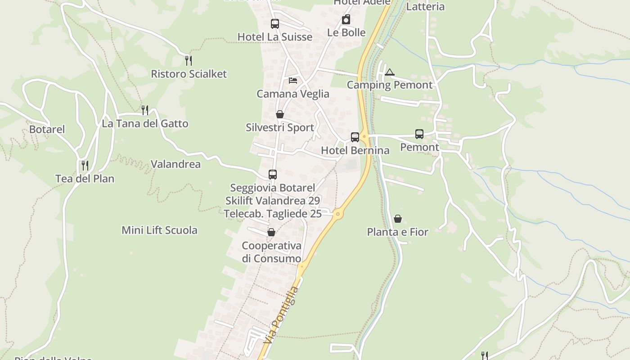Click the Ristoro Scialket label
click(x=189, y=74)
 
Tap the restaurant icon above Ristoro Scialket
click(x=189, y=60)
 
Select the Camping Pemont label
click(x=390, y=85)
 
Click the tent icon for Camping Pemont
click(x=390, y=72)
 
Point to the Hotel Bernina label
click(x=355, y=151)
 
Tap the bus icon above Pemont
click(x=419, y=134)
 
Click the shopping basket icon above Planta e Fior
click(x=398, y=219)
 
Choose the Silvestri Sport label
click(x=280, y=128)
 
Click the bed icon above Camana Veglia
click(x=293, y=81)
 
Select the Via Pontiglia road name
click(x=282, y=315)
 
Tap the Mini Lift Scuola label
click(x=159, y=230)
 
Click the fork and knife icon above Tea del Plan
click(x=85, y=165)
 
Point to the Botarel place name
click(x=47, y=130)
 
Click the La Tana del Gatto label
click(x=145, y=124)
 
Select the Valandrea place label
click(x=175, y=164)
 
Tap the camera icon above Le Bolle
click(x=346, y=19)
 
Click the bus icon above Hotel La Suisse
click(x=274, y=24)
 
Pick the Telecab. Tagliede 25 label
click(x=273, y=214)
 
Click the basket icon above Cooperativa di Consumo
click(x=271, y=232)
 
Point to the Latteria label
click(x=425, y=7)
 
